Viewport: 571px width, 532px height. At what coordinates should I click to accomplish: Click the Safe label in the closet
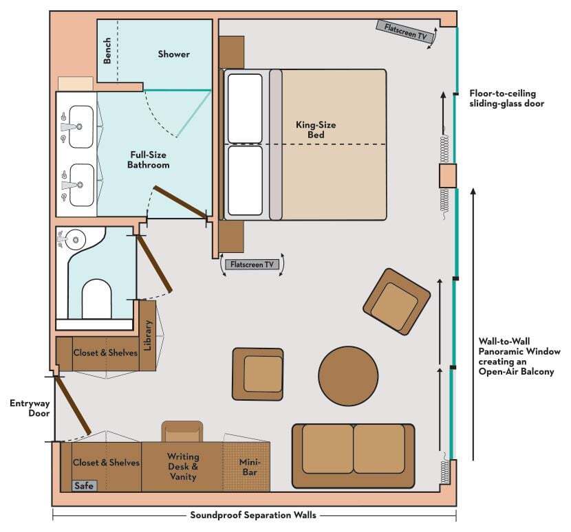pos(84,486)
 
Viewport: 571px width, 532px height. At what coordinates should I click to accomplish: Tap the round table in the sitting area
pos(348,376)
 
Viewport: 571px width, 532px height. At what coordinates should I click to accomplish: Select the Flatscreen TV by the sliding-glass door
pos(406,32)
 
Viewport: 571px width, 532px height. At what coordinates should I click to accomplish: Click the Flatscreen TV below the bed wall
pos(252,265)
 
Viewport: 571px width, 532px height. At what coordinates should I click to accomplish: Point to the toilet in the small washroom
pos(96,299)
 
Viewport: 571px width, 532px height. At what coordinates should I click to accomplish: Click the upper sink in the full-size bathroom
pos(81,126)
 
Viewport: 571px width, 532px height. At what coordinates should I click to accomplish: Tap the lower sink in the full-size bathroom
pos(81,185)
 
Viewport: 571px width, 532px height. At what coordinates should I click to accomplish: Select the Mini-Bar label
pos(250,467)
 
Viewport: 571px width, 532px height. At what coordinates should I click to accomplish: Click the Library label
pos(147,335)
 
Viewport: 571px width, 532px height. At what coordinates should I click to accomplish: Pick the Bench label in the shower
pos(107,51)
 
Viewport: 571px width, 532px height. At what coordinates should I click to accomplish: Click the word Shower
pos(173,54)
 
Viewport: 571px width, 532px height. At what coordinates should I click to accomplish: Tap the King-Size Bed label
pos(316,130)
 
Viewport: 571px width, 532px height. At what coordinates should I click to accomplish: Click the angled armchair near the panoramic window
pos(397,302)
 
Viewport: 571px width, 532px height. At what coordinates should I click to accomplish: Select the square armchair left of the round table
pos(258,374)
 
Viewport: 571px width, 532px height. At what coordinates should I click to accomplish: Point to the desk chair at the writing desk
pos(182,432)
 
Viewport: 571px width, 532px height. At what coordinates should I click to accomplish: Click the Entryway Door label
pos(30,408)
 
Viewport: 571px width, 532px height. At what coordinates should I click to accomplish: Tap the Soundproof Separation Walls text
pos(253,516)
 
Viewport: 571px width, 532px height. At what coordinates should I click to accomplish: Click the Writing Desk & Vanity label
pos(183,467)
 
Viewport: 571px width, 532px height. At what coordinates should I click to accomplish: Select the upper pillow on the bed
pos(245,109)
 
